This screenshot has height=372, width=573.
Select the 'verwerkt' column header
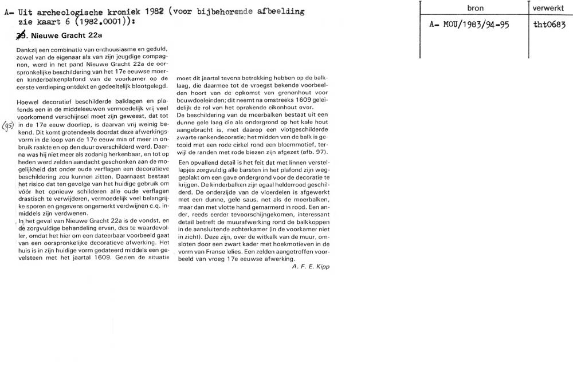[548, 9]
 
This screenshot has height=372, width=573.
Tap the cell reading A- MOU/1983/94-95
[469, 25]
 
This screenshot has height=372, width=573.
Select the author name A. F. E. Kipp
[310, 266]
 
